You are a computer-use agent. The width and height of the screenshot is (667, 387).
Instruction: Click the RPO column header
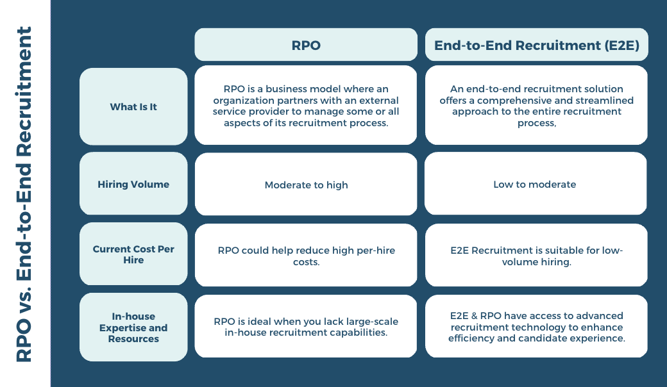tap(306, 45)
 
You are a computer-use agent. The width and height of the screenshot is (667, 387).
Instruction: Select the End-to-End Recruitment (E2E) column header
tap(536, 45)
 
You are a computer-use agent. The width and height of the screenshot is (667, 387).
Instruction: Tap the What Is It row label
tap(133, 106)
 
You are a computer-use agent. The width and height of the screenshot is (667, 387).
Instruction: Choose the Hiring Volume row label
tap(133, 183)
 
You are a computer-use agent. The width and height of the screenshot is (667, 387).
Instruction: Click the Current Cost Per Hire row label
tap(133, 254)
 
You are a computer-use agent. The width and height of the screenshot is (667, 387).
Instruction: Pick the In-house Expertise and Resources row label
tap(133, 327)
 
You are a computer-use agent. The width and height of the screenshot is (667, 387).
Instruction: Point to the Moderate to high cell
tap(306, 184)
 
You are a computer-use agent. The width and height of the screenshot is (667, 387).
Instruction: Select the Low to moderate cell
tap(536, 183)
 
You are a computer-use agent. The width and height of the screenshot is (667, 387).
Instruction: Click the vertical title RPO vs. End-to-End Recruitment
tap(24, 194)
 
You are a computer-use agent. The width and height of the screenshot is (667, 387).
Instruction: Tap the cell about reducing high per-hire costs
tap(306, 255)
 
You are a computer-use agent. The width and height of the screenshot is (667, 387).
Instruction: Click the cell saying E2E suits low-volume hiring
tap(536, 255)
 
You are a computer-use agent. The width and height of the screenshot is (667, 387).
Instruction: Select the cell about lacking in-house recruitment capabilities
tap(306, 326)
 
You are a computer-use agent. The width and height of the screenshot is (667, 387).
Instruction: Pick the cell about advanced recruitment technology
tap(536, 326)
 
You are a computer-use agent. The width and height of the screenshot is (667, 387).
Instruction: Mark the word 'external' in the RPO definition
tap(378, 101)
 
